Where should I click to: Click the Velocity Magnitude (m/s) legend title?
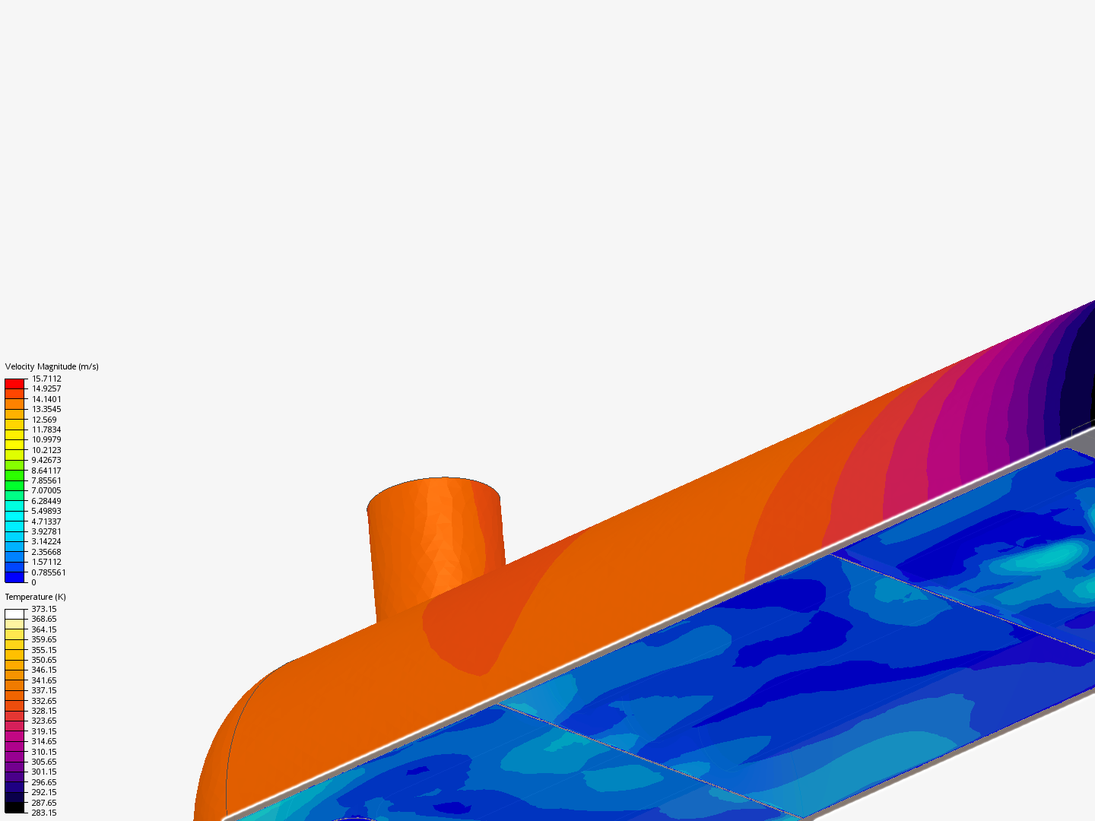(x=52, y=366)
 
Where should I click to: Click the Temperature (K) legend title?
(x=36, y=597)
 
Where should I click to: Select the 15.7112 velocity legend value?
(x=46, y=379)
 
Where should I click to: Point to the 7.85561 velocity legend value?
(x=46, y=480)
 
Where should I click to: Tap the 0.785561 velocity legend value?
(x=49, y=572)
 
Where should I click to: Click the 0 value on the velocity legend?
(x=34, y=582)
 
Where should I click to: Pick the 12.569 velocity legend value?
(x=44, y=420)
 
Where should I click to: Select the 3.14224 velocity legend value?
(x=46, y=541)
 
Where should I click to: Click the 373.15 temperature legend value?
(x=44, y=609)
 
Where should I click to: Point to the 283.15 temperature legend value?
(x=44, y=813)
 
